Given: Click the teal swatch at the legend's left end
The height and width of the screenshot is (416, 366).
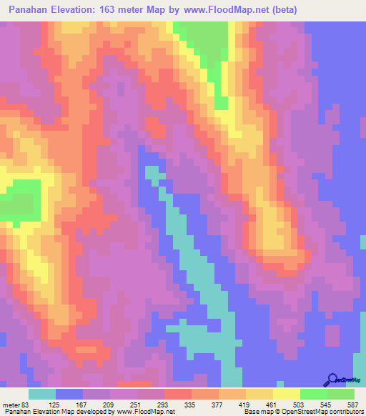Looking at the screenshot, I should coord(42,394).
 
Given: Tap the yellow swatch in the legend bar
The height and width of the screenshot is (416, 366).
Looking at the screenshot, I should coord(286,394).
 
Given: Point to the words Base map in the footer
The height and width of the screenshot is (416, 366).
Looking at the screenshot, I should coord(255,412).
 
